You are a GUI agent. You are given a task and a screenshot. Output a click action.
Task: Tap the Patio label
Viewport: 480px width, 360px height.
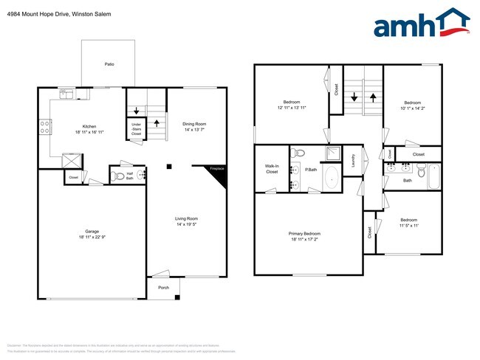(109, 64)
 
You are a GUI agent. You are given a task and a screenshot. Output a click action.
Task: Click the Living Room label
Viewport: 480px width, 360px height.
(186, 218)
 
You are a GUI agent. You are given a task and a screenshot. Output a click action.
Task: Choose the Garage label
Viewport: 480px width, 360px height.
(92, 231)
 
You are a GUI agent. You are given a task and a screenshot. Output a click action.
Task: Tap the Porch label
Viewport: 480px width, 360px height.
(162, 288)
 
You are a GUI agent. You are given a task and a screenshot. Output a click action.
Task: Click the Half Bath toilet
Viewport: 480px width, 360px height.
(117, 176)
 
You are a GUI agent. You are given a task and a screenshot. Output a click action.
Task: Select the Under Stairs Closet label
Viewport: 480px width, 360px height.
(137, 129)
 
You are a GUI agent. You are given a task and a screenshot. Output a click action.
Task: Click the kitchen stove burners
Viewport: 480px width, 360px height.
(44, 127)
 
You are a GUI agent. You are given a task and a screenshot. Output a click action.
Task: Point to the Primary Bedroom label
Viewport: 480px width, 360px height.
(304, 233)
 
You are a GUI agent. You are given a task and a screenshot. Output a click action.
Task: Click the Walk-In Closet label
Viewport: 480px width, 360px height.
(271, 169)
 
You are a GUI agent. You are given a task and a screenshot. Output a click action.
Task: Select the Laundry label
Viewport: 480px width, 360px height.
(354, 159)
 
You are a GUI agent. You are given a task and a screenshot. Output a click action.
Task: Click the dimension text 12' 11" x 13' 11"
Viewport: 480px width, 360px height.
(291, 108)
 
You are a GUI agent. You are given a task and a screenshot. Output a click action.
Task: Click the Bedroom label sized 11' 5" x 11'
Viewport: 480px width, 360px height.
(408, 220)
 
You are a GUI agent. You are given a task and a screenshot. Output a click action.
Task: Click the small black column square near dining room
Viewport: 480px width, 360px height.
(168, 166)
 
